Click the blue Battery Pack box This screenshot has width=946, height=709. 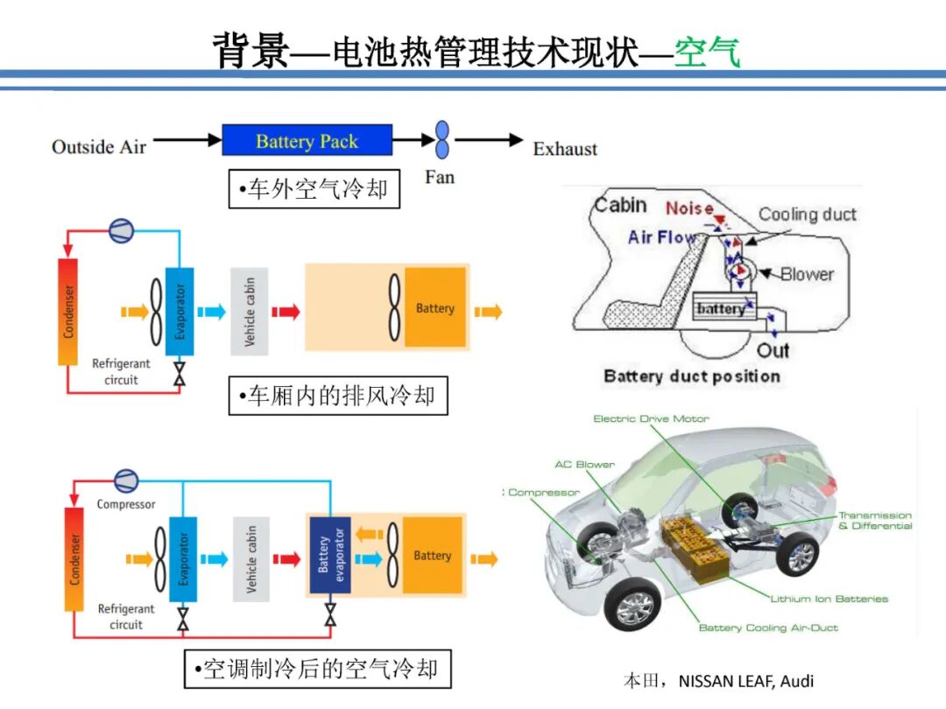[x=307, y=141]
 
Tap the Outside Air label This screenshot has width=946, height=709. [x=99, y=146]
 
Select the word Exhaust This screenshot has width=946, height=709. [x=565, y=149]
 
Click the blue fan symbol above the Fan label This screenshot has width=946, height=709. [x=442, y=140]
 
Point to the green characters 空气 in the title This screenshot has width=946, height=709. [x=707, y=53]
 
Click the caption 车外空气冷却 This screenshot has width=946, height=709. [x=314, y=189]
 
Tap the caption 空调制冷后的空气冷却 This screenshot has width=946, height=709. [x=316, y=670]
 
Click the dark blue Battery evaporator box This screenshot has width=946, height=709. [x=330, y=556]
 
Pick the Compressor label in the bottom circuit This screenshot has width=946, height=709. [x=126, y=504]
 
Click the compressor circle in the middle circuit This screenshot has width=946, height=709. [x=121, y=230]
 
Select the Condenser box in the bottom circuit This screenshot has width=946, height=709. [x=74, y=559]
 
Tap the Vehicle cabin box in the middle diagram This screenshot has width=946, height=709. [x=250, y=312]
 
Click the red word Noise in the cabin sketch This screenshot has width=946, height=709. [x=689, y=208]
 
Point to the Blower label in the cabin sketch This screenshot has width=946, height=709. [x=807, y=274]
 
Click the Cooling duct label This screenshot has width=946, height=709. [x=807, y=214]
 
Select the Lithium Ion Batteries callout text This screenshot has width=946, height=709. [x=829, y=599]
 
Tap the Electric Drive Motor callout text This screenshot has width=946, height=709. [x=651, y=418]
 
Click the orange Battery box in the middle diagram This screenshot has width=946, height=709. [x=434, y=308]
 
